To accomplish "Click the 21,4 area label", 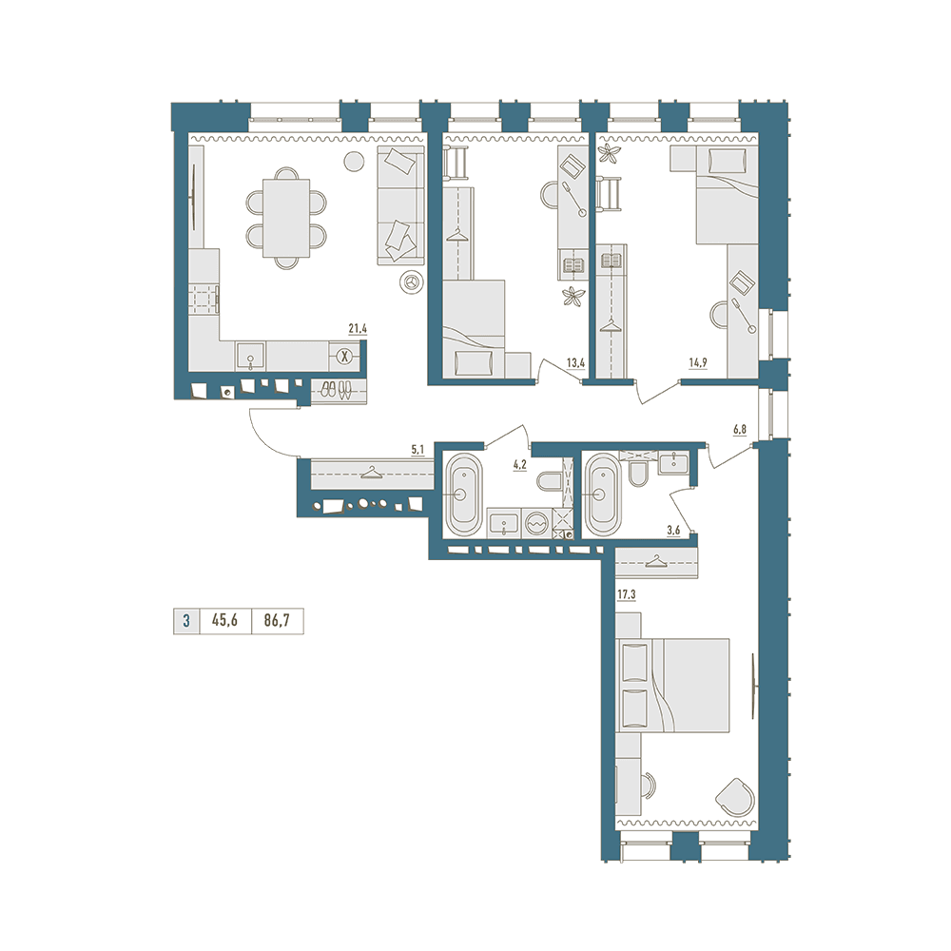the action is click(358, 329).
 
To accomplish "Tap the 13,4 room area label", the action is click(575, 363).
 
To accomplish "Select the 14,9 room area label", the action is click(697, 363).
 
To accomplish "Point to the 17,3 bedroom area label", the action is click(626, 595).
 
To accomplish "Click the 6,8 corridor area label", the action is click(739, 430).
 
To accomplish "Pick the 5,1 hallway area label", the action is click(417, 450).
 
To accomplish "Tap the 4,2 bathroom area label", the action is click(520, 465).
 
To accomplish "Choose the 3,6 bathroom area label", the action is click(673, 531).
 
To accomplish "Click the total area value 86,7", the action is click(277, 621).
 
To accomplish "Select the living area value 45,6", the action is click(224, 621).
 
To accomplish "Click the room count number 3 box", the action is click(186, 621).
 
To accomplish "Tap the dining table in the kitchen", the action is click(285, 219).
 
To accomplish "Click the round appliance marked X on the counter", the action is click(344, 356).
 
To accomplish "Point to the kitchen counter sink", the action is click(250, 356).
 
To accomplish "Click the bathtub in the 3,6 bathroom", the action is click(603, 494).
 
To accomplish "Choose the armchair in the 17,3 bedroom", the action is click(736, 797).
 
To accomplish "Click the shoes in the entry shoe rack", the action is click(336, 390).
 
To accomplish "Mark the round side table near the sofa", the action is click(354, 162).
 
